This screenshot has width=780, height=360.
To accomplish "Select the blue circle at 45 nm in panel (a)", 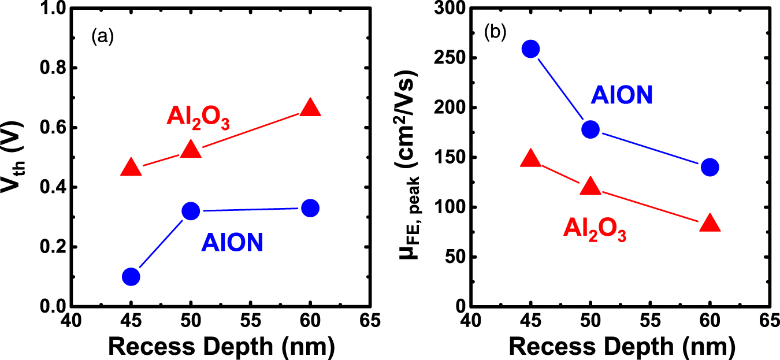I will pos(131,277).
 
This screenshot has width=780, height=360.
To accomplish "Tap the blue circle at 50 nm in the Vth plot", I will pos(191,211).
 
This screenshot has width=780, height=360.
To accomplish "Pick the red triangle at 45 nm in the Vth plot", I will pos(131,168).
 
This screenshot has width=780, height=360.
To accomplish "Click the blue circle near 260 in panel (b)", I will pos(530,49).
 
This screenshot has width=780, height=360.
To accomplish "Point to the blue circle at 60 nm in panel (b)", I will pos(709,168).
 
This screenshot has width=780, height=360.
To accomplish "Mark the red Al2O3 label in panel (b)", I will pos(595,230).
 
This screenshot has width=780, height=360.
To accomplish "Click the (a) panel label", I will pos(102,38).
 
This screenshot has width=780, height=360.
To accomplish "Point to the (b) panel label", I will pos(495,32).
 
